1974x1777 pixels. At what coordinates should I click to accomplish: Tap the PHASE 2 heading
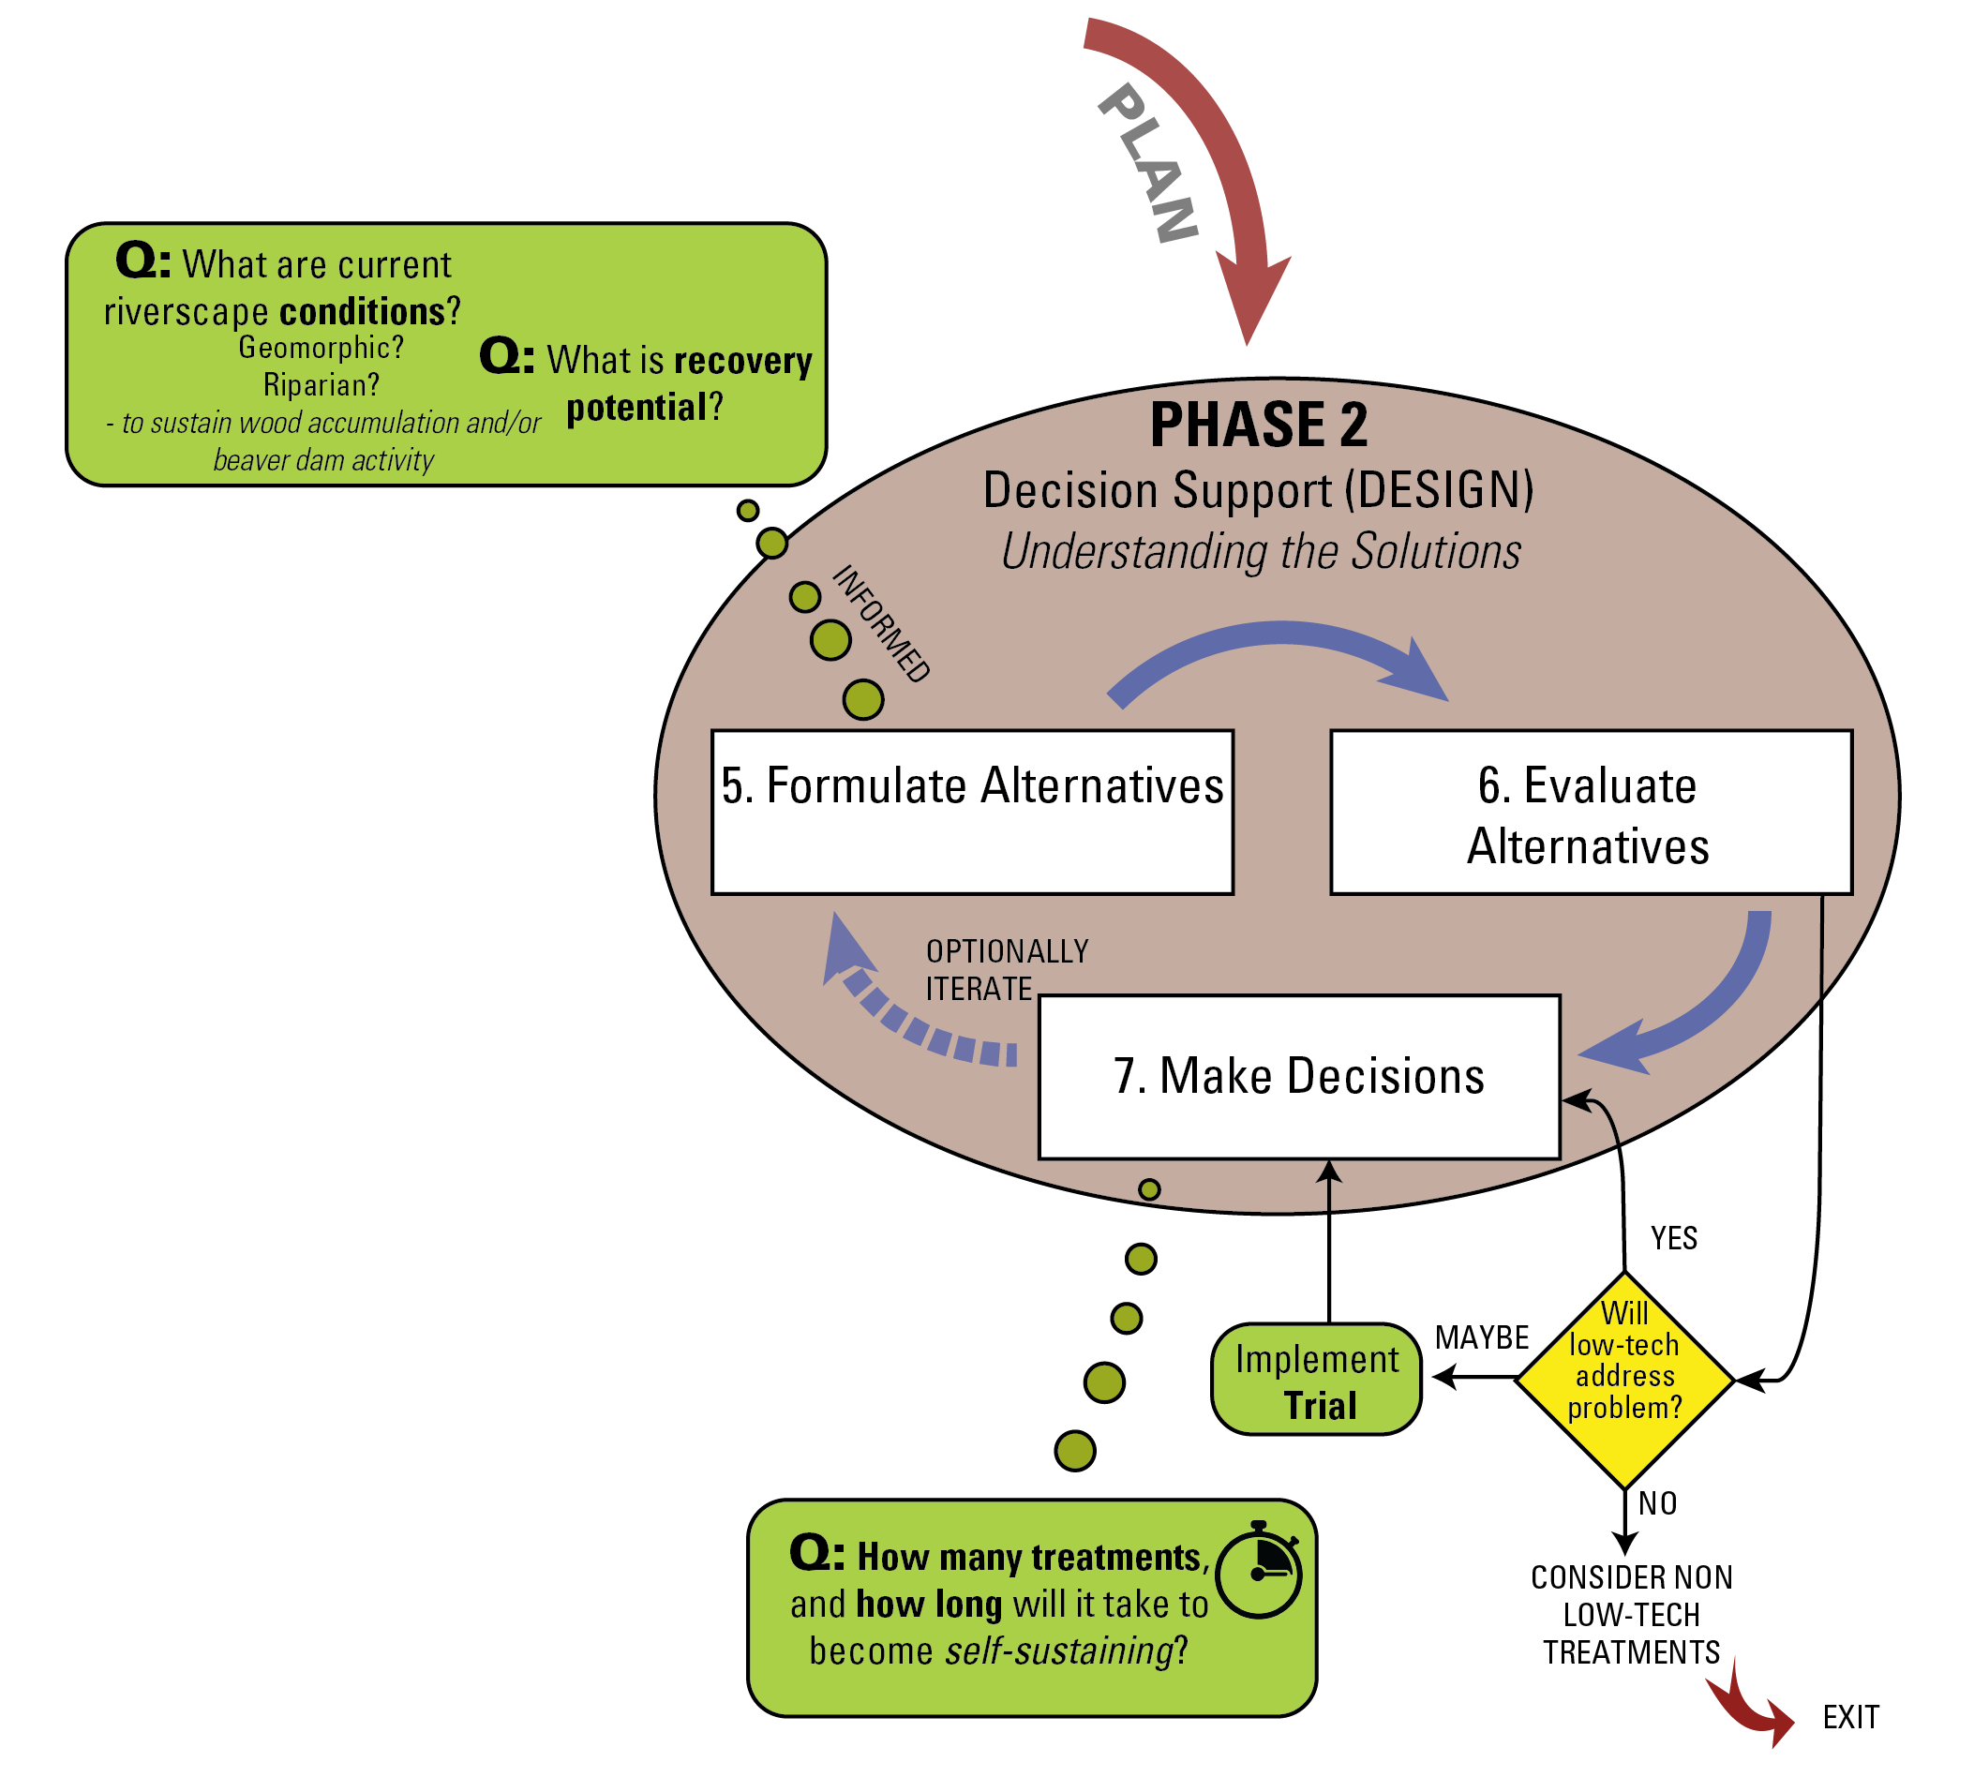click(x=1259, y=425)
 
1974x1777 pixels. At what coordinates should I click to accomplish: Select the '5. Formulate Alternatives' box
click(x=972, y=812)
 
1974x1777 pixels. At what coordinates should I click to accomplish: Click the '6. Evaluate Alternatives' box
click(x=1592, y=812)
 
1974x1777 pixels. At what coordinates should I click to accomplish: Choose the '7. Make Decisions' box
click(x=1299, y=1077)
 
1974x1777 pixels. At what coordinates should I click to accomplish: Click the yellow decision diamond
click(x=1624, y=1380)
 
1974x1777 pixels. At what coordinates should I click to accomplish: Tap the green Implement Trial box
click(x=1316, y=1380)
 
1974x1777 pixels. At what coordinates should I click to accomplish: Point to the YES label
click(x=1673, y=1238)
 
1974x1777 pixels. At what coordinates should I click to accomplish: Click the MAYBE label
click(x=1481, y=1337)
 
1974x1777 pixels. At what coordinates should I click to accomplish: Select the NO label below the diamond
click(x=1658, y=1503)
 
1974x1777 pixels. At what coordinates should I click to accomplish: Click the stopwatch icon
click(x=1260, y=1570)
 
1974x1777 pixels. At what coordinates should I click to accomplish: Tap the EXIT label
click(x=1850, y=1717)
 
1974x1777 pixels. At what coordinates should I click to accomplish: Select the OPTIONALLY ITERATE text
click(x=1007, y=969)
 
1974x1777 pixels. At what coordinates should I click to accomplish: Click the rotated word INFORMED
click(x=880, y=624)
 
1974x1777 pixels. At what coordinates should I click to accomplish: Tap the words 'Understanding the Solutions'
click(x=1262, y=552)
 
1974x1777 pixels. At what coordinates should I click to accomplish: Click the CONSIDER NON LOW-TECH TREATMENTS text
click(x=1631, y=1615)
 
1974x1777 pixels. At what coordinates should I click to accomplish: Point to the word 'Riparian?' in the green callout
click(x=322, y=384)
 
